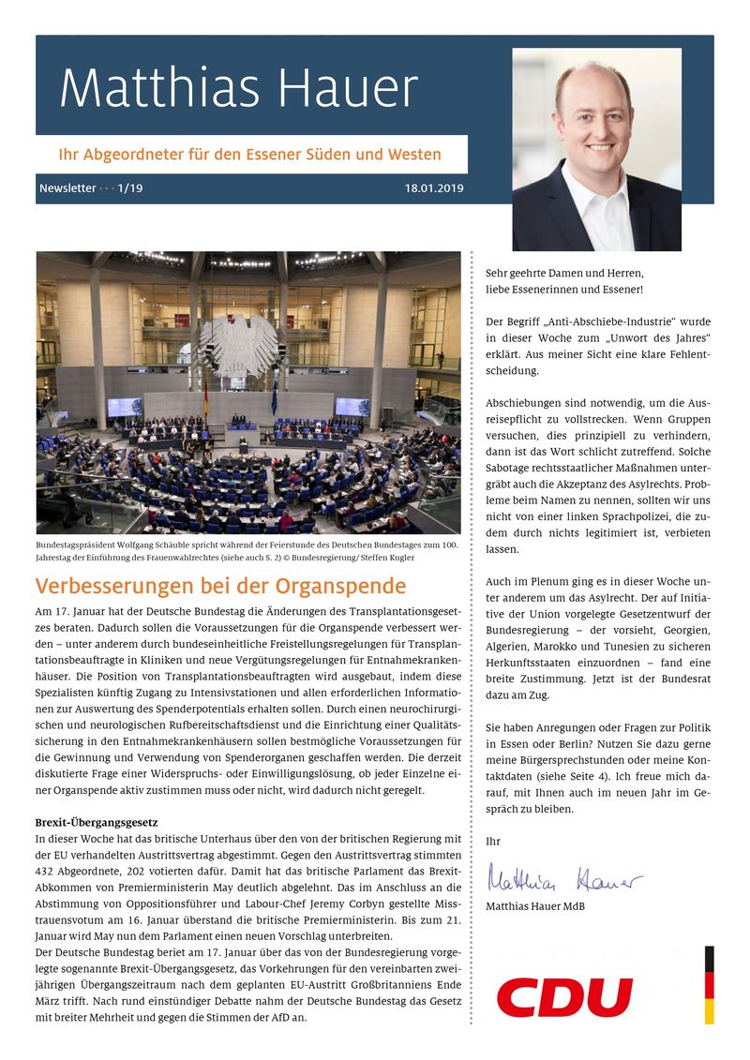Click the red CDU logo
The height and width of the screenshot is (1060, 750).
(564, 997)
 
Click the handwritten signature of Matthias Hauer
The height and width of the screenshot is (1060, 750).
(564, 881)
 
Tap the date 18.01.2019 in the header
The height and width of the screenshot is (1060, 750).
(434, 188)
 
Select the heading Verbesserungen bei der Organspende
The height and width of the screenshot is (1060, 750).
(220, 587)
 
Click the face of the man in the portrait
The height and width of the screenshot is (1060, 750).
(595, 120)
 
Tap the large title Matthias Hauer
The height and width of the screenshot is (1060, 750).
(238, 89)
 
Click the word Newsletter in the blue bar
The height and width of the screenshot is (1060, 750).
(67, 188)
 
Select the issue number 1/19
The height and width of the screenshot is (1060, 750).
(130, 188)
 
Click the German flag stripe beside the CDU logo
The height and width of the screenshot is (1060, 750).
(710, 984)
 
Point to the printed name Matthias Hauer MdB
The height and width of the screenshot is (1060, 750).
(535, 906)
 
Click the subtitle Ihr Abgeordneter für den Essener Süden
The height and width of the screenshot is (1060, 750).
(249, 154)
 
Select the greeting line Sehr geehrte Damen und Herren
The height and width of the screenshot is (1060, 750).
(564, 273)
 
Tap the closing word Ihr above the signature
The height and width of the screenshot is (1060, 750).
(493, 842)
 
